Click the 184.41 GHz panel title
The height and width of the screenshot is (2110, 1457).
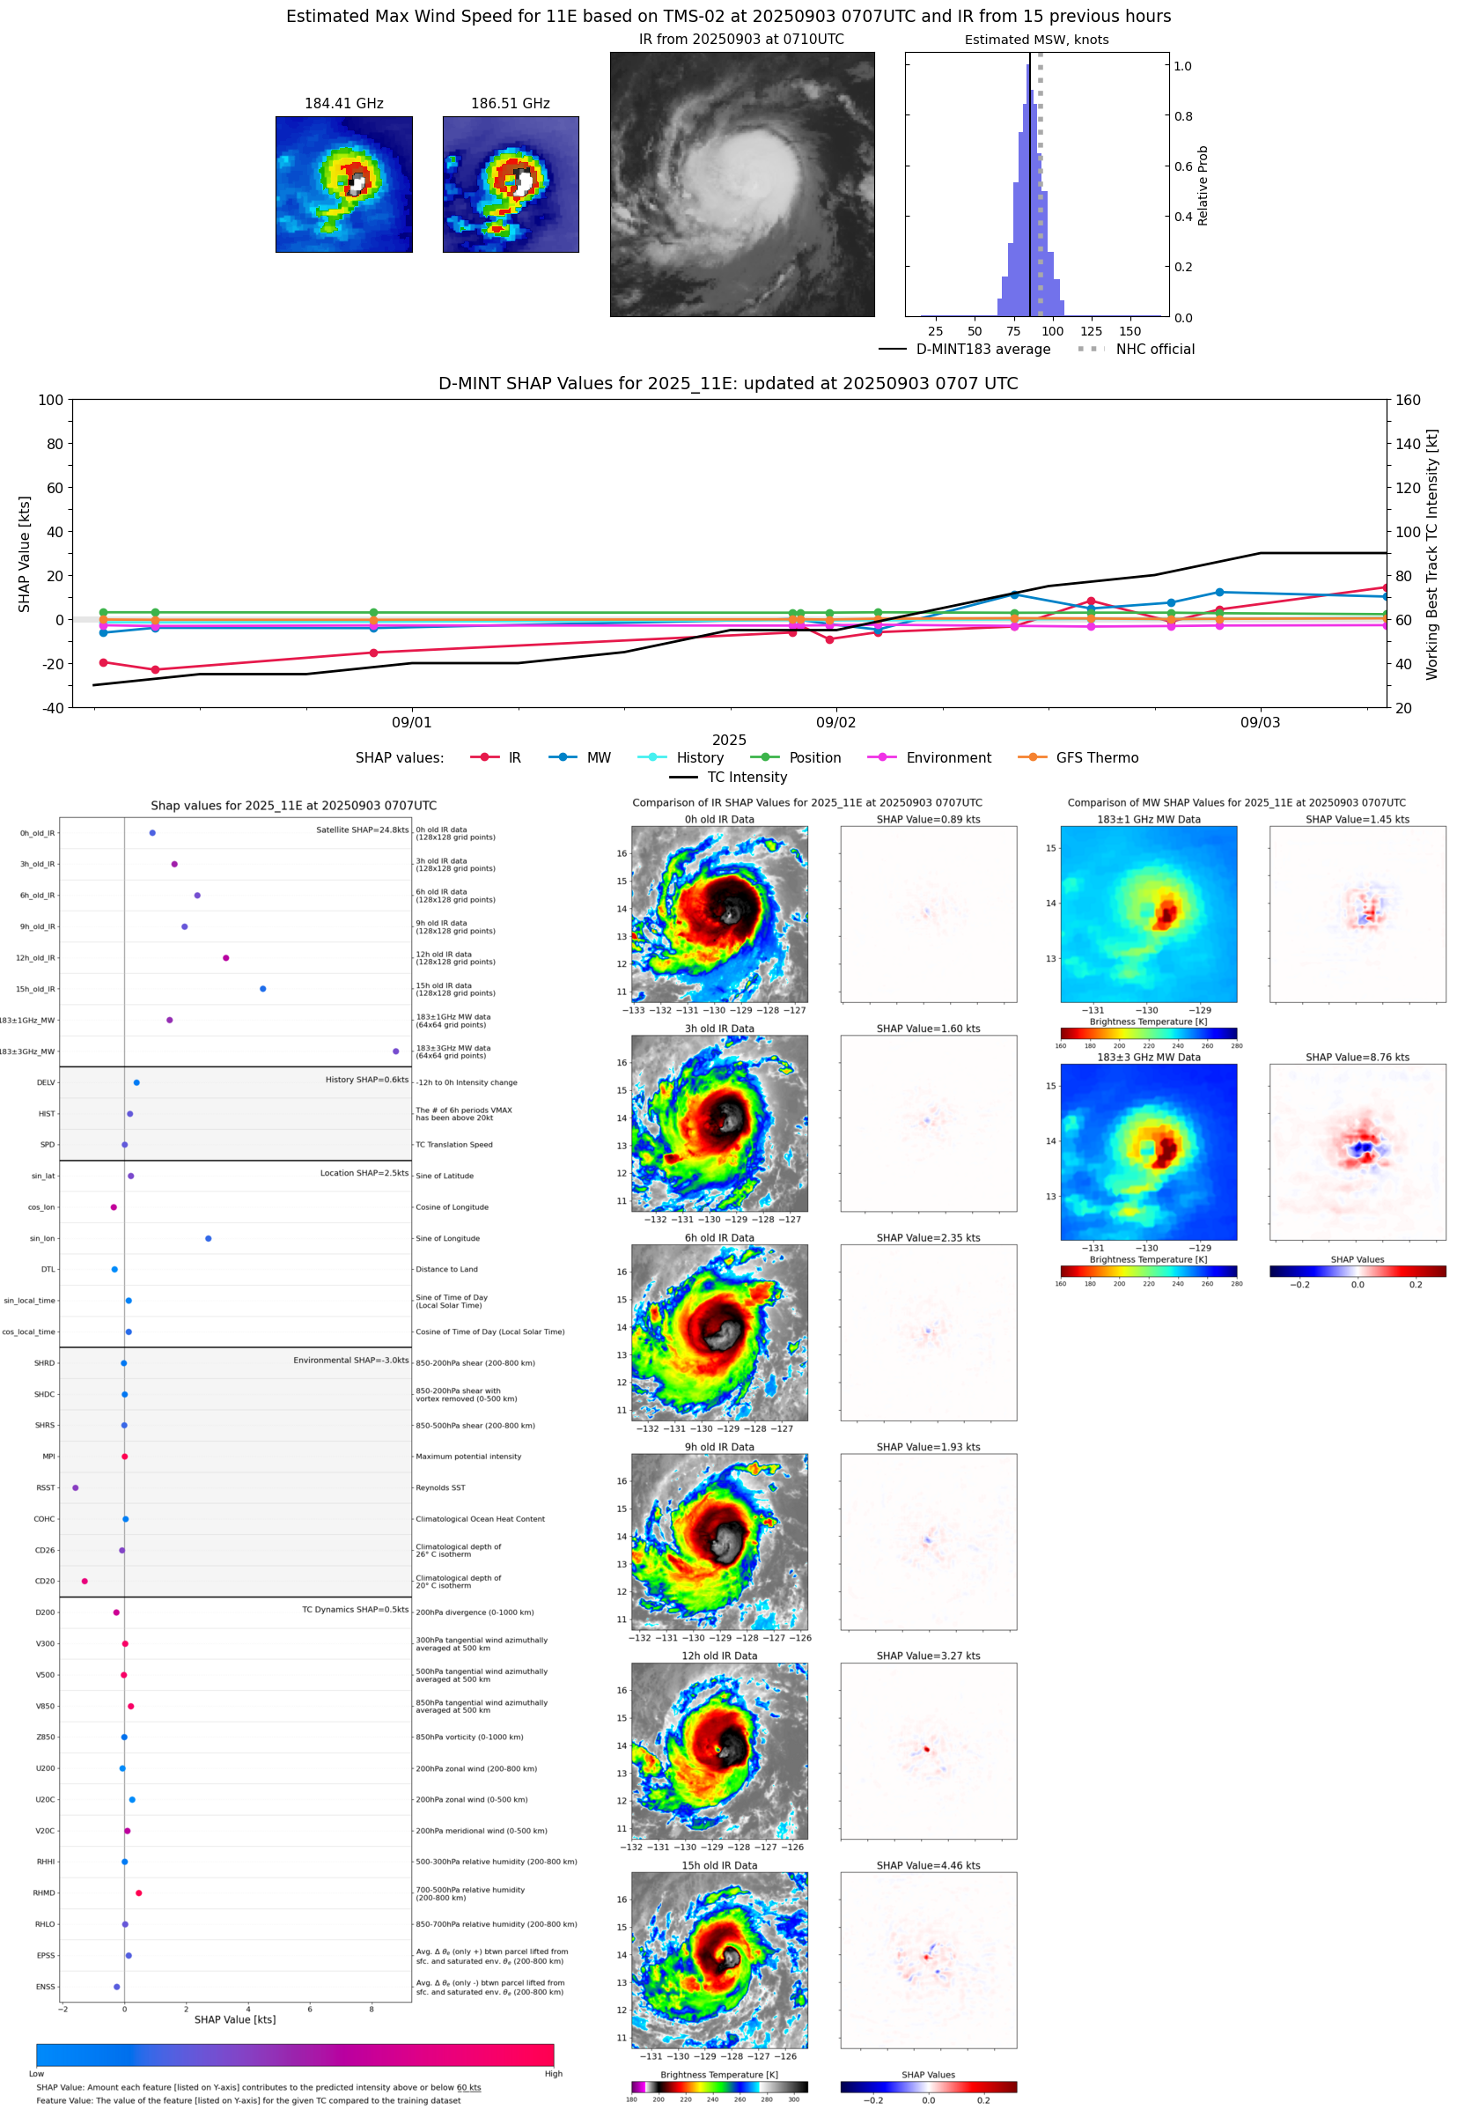(343, 103)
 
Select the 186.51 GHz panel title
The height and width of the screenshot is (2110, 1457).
(510, 103)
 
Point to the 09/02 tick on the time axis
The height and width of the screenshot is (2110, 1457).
(835, 721)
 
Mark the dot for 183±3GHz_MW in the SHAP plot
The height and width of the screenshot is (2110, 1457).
(395, 1051)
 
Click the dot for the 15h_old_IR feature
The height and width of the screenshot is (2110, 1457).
(263, 989)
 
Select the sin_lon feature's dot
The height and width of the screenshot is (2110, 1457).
(208, 1238)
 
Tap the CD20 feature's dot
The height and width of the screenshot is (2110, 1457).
(84, 1581)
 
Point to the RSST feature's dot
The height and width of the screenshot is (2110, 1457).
(75, 1487)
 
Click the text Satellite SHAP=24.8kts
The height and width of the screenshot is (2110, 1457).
(362, 830)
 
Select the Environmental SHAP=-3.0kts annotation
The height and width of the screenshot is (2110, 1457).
(350, 1360)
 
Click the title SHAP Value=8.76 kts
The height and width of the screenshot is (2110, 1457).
(1357, 1057)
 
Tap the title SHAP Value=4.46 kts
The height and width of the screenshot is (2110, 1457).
(928, 1864)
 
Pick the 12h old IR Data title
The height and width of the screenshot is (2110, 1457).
(719, 1656)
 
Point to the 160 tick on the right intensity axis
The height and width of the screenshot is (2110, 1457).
(1408, 400)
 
